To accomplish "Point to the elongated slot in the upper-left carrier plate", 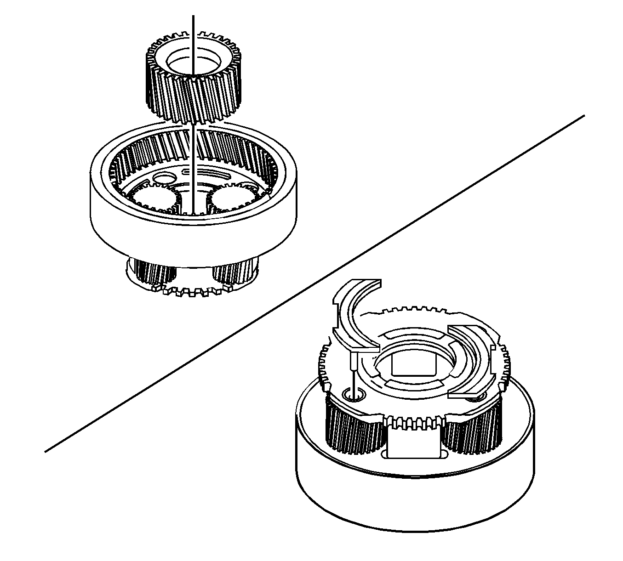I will tap(216, 173).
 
